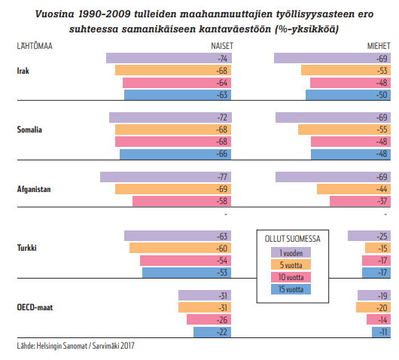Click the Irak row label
coord(23,71)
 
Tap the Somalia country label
coord(29,130)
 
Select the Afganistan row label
coord(34,189)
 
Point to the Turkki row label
coord(26,248)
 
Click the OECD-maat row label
coord(35,307)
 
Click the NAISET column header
coord(222,46)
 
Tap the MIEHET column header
coord(379,46)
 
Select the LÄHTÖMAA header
coord(35,46)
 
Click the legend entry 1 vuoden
coord(291,252)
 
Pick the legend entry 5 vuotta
coord(291,265)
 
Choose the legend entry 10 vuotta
coord(291,277)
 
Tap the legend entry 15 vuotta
coord(291,289)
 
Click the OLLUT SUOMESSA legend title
coord(292,239)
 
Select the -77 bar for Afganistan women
coord(166,177)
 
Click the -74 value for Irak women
coord(222,59)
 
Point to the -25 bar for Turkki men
coord(369,236)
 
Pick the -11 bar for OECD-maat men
coord(381,332)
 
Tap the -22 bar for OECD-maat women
coord(212,332)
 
